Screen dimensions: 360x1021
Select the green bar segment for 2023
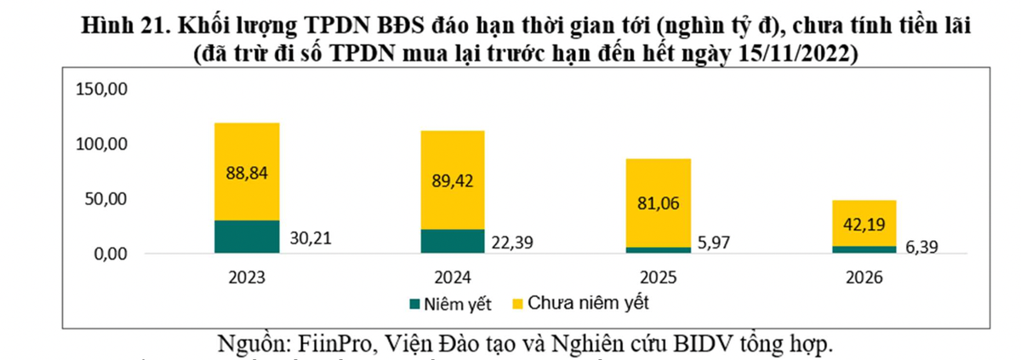pos(247,237)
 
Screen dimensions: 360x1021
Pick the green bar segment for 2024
pos(452,241)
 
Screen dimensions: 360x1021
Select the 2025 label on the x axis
pos(658,277)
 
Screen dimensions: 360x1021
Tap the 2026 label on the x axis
pos(864,277)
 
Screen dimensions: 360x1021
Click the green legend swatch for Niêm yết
pos(415,303)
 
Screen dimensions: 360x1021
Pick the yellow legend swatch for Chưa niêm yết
pos(516,303)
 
